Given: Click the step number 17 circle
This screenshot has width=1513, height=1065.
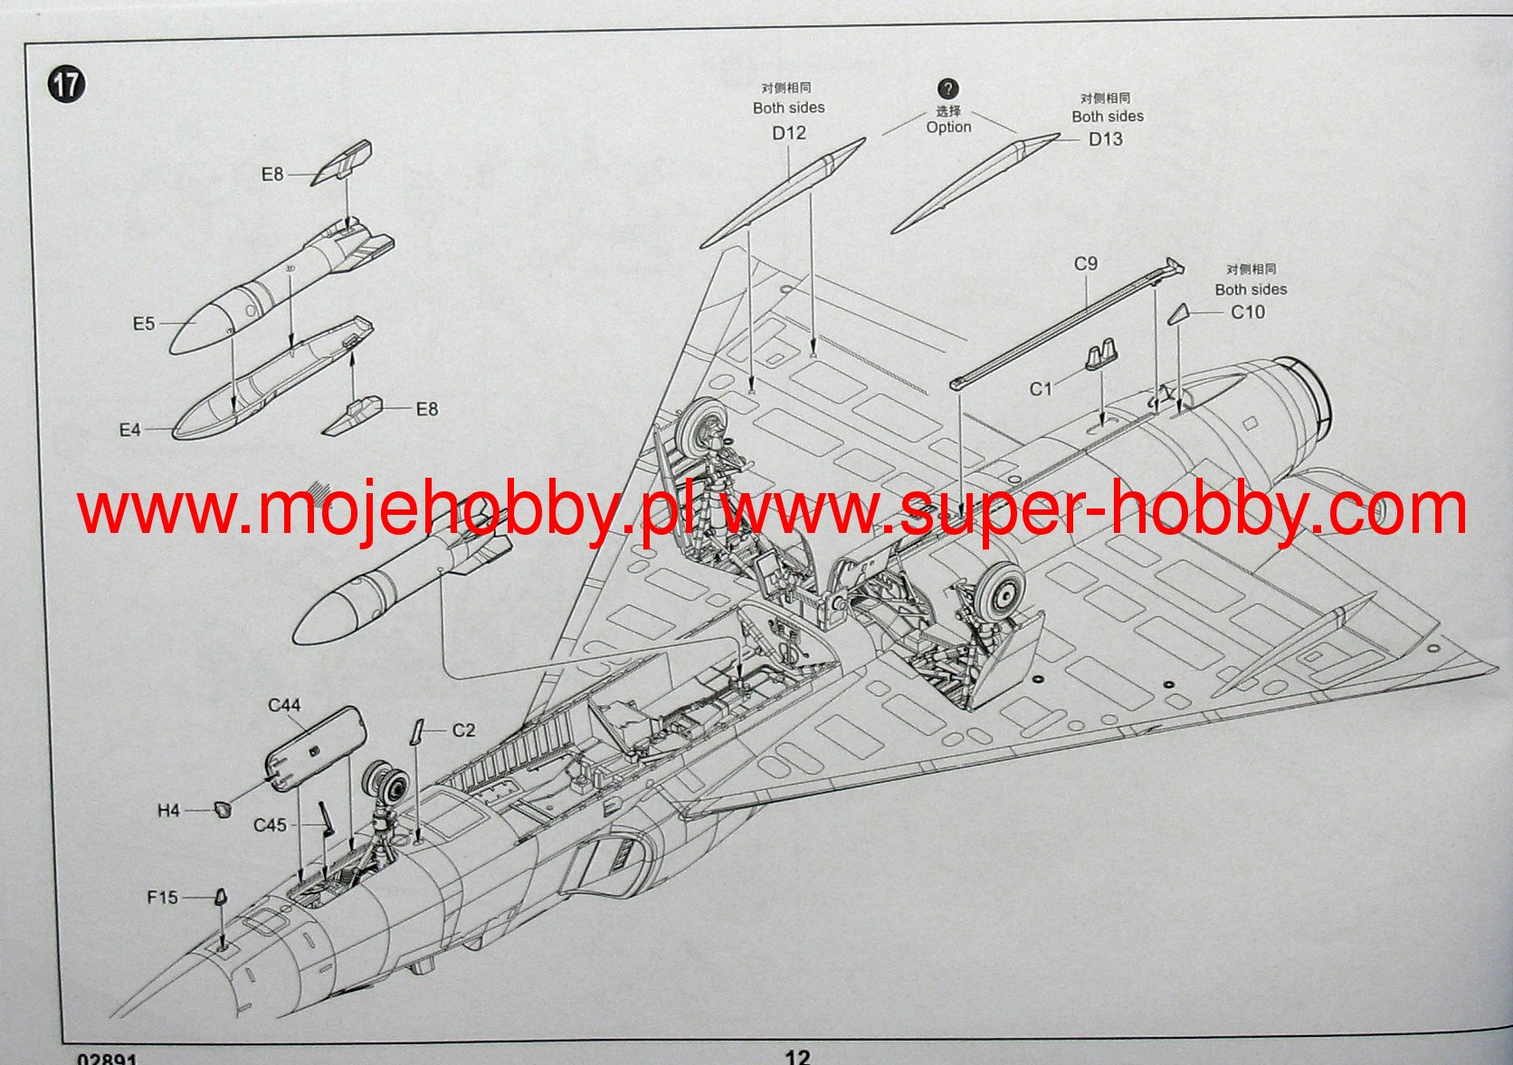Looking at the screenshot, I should click(66, 86).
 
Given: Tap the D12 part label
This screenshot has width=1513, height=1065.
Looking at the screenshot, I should click(788, 133).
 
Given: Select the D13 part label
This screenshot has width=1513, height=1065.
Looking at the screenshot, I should click(1105, 139).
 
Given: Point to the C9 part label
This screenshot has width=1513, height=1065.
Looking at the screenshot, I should click(1085, 263).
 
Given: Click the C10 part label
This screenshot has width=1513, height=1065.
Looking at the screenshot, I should click(1248, 312).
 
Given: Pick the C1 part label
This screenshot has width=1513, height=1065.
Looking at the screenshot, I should click(1041, 389).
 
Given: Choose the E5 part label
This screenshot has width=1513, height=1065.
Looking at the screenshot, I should click(144, 323).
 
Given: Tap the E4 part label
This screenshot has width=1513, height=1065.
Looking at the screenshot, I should click(130, 430).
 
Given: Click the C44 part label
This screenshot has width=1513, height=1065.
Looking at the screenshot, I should click(284, 705).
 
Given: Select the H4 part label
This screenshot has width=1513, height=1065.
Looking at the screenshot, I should click(169, 811).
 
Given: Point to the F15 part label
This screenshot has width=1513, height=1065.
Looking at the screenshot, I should click(163, 898).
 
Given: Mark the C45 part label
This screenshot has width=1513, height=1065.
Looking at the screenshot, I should click(270, 825).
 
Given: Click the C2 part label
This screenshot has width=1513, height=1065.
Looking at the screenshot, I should click(463, 730).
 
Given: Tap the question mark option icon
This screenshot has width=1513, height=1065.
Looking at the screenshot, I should click(947, 89).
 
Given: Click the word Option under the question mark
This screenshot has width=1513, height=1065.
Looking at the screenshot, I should click(948, 128).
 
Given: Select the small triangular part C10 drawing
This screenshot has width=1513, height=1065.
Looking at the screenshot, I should click(1178, 314).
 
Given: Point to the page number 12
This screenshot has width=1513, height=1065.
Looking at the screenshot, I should click(797, 1056).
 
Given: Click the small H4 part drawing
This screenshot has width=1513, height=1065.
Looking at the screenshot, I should click(221, 809).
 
